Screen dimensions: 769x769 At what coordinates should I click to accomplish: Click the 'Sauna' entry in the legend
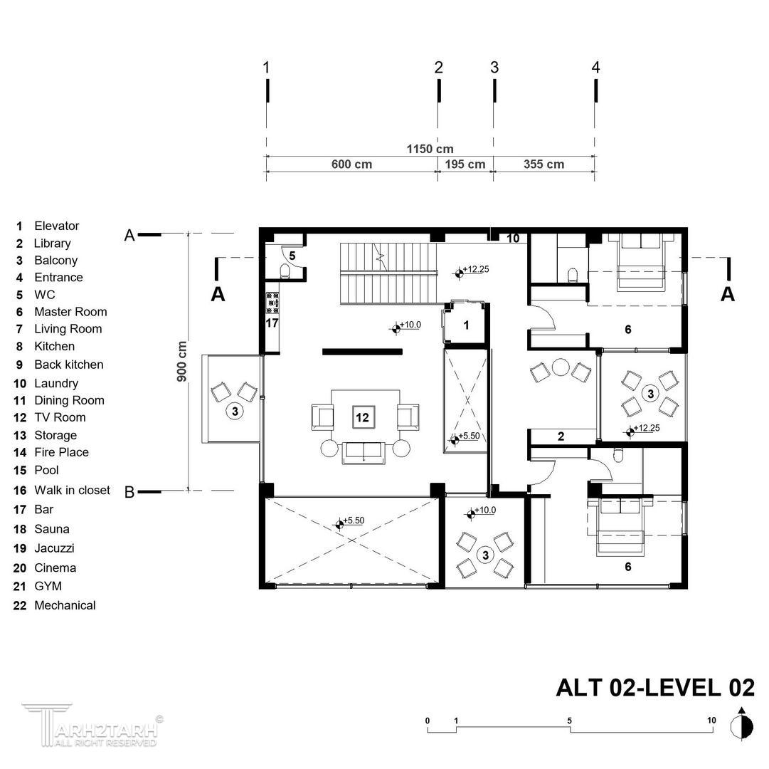[x=51, y=529]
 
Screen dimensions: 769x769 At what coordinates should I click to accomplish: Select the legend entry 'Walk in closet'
[x=72, y=491]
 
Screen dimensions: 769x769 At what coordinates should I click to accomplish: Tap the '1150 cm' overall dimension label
[x=430, y=149]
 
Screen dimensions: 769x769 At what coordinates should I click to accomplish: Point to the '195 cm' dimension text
[x=465, y=164]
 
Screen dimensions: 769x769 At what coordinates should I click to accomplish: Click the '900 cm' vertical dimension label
[x=181, y=362]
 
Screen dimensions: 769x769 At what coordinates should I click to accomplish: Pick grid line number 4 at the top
[x=595, y=67]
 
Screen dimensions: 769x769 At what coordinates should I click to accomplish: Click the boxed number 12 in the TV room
[x=362, y=418]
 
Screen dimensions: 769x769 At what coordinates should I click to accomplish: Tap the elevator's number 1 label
[x=466, y=325]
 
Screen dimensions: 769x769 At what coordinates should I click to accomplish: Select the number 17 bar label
[x=272, y=323]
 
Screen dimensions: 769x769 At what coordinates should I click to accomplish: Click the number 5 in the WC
[x=292, y=256]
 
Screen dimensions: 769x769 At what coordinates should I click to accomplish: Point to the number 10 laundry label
[x=513, y=238]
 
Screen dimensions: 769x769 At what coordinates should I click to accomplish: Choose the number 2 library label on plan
[x=561, y=436]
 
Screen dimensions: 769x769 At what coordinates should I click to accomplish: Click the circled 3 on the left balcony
[x=235, y=412]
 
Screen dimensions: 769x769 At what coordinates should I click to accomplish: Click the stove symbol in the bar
[x=272, y=303]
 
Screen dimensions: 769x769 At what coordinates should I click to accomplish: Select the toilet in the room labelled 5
[x=284, y=271]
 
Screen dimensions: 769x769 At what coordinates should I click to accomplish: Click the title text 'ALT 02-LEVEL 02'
[x=655, y=688]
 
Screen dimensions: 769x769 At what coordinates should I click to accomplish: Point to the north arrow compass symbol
[x=741, y=724]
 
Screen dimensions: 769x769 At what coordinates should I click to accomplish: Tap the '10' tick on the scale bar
[x=711, y=721]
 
